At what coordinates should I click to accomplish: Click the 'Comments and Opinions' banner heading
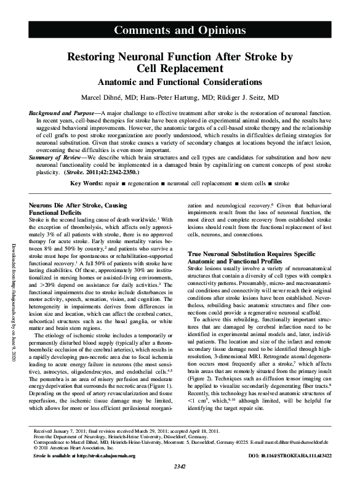pyautogui.click(x=180, y=31)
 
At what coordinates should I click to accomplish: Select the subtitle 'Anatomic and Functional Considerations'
pyautogui.click(x=180, y=82)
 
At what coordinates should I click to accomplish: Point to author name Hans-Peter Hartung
pyautogui.click(x=170, y=97)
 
